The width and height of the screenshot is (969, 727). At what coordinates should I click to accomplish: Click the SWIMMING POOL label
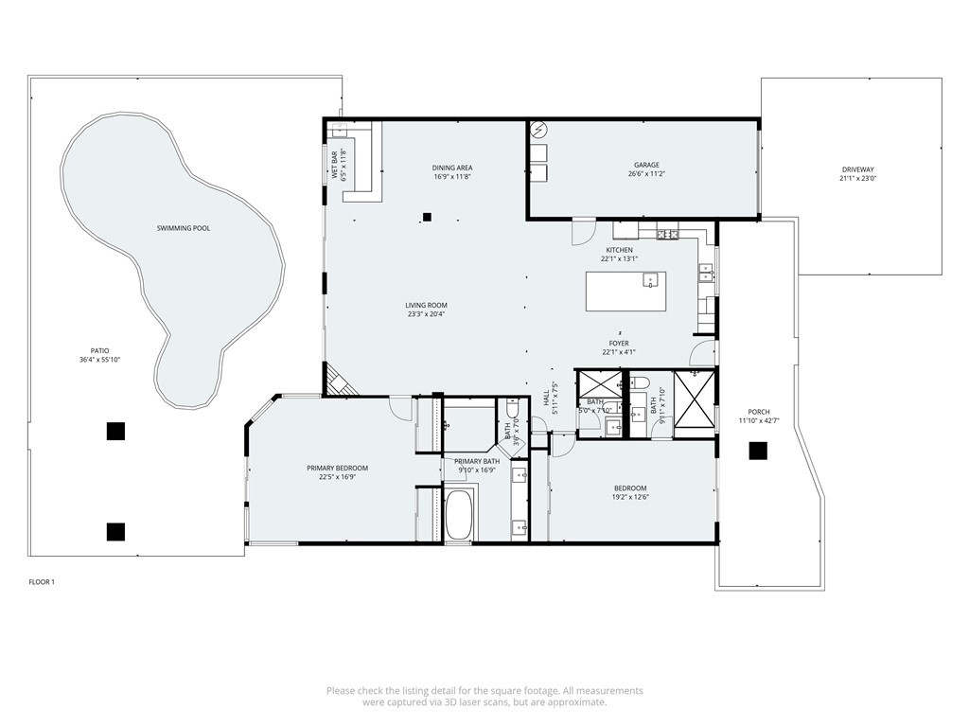click(x=183, y=228)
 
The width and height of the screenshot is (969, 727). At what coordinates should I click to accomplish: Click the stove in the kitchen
click(x=666, y=233)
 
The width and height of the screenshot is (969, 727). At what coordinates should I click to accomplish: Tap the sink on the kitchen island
click(x=650, y=279)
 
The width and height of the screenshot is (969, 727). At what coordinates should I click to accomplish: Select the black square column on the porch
click(x=757, y=452)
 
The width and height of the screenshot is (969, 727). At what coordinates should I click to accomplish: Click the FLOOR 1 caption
click(x=42, y=582)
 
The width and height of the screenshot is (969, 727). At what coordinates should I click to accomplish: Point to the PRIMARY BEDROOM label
click(x=337, y=468)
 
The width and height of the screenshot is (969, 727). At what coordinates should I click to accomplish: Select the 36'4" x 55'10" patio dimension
click(x=100, y=360)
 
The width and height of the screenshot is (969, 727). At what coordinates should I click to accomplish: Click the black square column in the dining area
click(x=427, y=217)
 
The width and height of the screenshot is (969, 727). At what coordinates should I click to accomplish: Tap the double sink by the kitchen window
click(x=706, y=274)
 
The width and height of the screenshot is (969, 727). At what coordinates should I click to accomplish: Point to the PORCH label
click(x=759, y=412)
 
